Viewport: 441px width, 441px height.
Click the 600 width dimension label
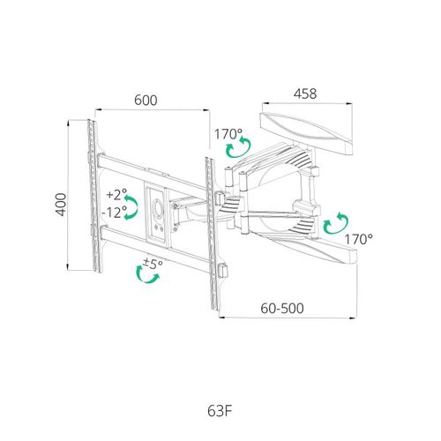146,101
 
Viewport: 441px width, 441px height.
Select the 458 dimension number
305,93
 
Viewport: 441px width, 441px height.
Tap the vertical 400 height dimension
61,205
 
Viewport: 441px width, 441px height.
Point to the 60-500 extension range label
282,309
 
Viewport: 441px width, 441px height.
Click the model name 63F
220,411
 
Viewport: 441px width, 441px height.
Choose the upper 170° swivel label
228,134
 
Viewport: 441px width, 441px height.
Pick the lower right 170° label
359,240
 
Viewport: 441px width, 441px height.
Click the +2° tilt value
116,194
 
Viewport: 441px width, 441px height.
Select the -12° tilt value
115,212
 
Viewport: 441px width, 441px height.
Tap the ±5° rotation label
153,264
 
